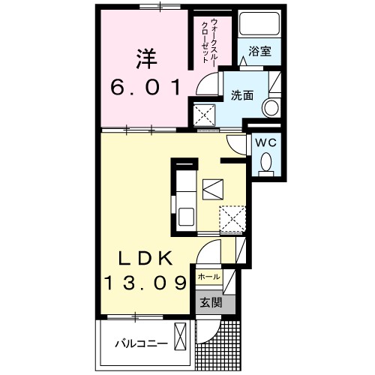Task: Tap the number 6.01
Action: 145,88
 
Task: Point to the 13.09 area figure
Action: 145,284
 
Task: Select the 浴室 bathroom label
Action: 260,51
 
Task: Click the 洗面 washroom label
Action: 241,95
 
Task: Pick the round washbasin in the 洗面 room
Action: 268,107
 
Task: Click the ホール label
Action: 208,277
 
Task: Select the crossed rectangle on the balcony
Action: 181,337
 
